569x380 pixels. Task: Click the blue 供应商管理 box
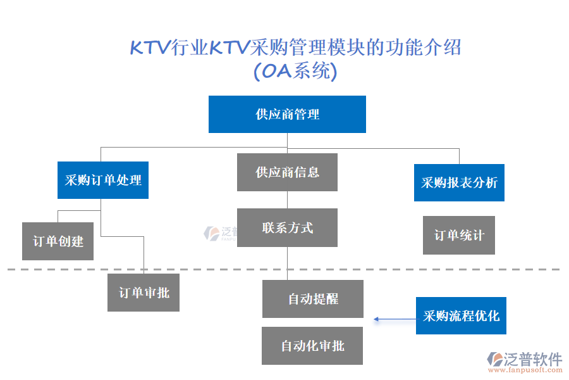(x=287, y=114)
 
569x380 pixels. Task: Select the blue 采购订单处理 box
(x=103, y=180)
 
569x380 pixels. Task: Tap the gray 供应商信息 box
(x=287, y=172)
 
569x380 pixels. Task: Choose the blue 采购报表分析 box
(x=459, y=183)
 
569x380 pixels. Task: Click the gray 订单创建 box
(x=58, y=241)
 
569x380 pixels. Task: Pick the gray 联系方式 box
(x=287, y=228)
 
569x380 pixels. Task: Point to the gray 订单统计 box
(x=459, y=236)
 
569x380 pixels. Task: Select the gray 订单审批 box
(x=144, y=293)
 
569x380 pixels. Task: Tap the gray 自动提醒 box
(x=313, y=299)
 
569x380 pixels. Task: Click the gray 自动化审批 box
(x=312, y=346)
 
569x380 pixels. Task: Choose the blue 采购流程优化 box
(x=461, y=315)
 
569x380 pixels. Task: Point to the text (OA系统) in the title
(x=295, y=71)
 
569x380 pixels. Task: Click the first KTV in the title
(x=150, y=48)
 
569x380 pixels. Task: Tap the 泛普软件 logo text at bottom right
(x=533, y=359)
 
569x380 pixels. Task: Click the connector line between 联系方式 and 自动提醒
(x=288, y=263)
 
